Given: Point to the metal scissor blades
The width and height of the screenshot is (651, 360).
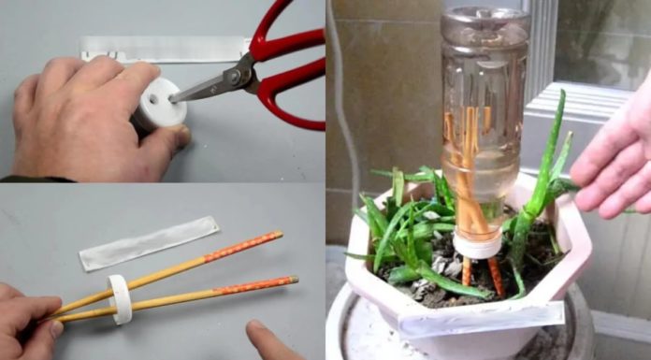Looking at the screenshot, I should (x=210, y=86).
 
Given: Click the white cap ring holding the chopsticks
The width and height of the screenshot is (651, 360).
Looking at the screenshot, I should (x=119, y=298).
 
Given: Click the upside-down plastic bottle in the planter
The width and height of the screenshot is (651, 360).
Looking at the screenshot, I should (x=484, y=112).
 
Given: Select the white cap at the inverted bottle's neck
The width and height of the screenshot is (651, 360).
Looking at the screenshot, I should (x=477, y=245).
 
